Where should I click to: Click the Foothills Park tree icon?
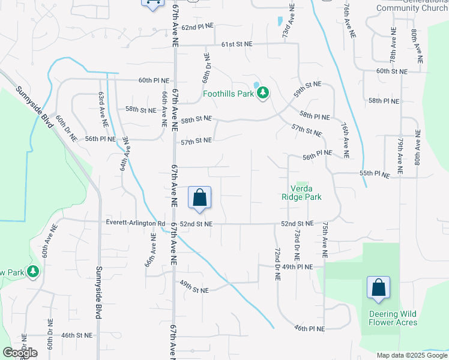(x=263, y=94)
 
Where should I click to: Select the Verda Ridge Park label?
(x=302, y=192)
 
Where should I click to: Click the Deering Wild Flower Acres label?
(x=393, y=318)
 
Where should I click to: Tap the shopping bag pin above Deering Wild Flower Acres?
(x=379, y=289)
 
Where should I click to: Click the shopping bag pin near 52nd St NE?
(x=199, y=198)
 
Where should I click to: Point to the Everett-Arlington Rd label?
(x=136, y=224)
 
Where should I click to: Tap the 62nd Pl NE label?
(x=198, y=28)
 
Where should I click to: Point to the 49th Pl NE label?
(x=297, y=266)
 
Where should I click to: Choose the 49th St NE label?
(x=194, y=290)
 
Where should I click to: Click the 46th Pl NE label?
(x=309, y=329)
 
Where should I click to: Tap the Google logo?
(x=20, y=353)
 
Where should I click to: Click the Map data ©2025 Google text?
(x=411, y=355)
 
